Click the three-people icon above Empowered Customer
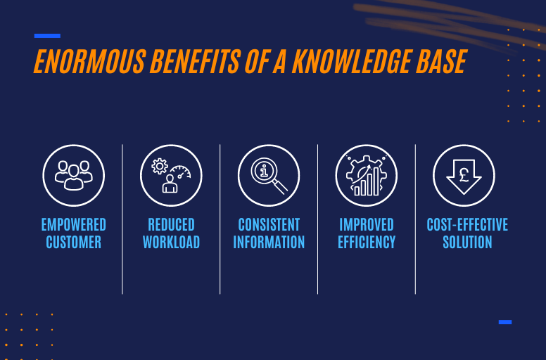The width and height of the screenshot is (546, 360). pos(73,176)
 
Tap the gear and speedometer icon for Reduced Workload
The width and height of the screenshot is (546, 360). pos(171,176)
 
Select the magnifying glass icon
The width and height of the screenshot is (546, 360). pos(269,176)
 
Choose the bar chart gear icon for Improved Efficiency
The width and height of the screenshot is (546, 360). pos(367,176)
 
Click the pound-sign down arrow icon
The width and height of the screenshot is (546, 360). pos(464,176)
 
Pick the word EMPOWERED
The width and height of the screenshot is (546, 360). pos(73,225)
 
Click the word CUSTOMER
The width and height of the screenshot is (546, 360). pos(73,243)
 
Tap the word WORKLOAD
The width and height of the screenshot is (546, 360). pos(171,243)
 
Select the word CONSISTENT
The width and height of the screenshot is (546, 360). pos(269,225)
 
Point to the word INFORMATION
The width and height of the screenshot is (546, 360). pos(269,243)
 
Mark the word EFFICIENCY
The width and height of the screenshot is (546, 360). pos(367,243)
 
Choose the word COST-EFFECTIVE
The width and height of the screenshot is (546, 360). pos(467,225)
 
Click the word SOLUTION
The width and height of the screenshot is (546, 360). pos(467,243)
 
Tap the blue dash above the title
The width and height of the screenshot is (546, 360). pos(47,35)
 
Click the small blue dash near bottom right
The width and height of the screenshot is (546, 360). pos(505,322)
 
